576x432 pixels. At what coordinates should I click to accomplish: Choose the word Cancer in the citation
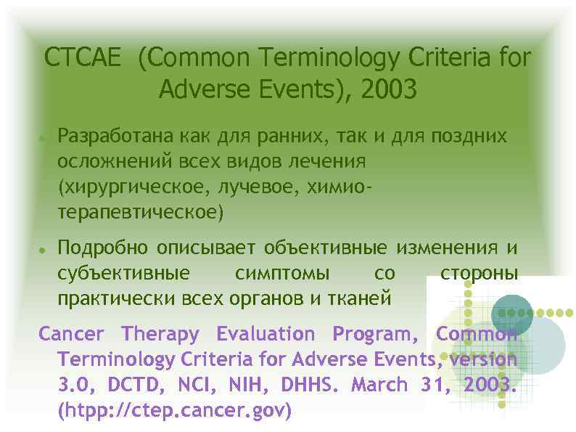[71, 334]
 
